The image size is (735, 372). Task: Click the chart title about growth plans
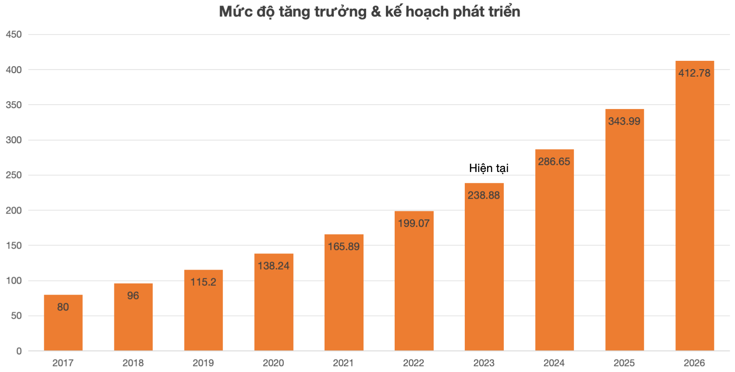(x=369, y=12)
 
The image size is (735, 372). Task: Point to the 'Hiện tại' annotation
(x=489, y=168)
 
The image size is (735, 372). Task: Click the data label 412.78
(x=694, y=73)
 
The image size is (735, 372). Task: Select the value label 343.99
(x=624, y=121)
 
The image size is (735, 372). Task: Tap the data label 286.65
(x=554, y=161)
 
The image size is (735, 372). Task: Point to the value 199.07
(x=413, y=223)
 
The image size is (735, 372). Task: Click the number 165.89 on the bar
(x=344, y=246)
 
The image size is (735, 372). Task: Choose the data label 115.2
(x=203, y=282)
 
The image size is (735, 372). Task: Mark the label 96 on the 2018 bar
(x=133, y=295)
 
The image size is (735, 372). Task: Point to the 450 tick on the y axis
(x=14, y=34)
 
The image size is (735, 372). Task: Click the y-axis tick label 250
(x=14, y=175)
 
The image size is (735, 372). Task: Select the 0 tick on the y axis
(x=19, y=351)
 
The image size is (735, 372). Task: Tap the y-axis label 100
(x=14, y=281)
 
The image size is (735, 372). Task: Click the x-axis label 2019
(x=203, y=363)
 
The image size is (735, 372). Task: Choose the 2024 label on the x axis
(x=554, y=363)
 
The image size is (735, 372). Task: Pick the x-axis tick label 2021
(x=343, y=363)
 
